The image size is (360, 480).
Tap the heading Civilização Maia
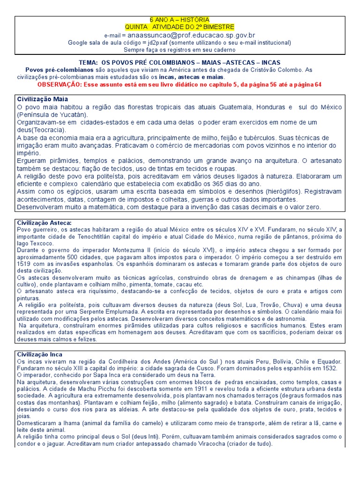click(43, 99)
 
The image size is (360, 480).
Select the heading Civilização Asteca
click(45, 223)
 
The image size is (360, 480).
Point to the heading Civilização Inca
click(40, 354)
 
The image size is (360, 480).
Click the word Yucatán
click(74, 115)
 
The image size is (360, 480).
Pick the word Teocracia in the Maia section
click(48, 130)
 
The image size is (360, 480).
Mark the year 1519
click(24, 264)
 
